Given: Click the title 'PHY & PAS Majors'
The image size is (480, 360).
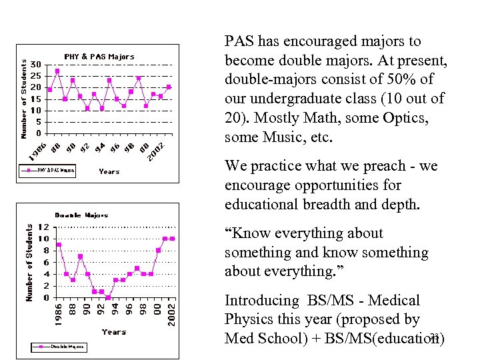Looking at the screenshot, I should [x=99, y=57].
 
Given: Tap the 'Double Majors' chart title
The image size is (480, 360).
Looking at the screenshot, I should [x=81, y=215].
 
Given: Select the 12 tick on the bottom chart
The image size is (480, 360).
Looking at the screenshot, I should [x=42, y=227].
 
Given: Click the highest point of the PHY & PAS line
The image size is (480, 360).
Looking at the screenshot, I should [x=57, y=71].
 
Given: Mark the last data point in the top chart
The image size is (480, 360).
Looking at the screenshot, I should [x=169, y=87].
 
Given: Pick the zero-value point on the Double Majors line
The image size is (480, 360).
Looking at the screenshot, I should [x=108, y=297].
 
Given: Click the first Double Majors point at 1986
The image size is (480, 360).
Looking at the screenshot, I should [x=59, y=245].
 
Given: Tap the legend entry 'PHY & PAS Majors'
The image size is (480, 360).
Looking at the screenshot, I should [x=50, y=171].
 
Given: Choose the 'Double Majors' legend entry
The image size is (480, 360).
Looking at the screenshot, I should [x=63, y=347].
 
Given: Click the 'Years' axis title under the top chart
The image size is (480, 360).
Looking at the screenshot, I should [x=109, y=171].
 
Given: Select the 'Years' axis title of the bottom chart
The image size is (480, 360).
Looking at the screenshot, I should [x=113, y=331].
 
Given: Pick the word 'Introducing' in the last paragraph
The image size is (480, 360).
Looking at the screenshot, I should [x=262, y=301].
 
